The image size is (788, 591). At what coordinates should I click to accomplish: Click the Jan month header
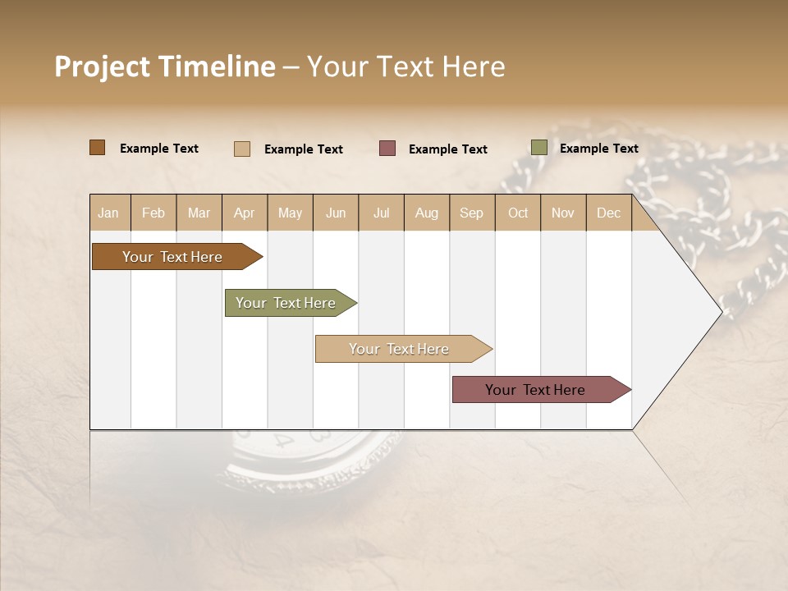108,213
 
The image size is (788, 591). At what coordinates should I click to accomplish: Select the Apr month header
244,213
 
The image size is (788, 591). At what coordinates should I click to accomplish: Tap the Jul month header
381,213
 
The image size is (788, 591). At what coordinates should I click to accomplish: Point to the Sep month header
471,213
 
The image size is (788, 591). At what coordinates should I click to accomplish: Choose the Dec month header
608,213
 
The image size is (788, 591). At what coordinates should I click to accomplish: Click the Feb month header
153,213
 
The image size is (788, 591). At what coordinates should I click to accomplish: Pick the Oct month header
517,213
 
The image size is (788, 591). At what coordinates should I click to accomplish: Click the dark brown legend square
97,148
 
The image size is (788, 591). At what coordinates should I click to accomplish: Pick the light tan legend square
241,149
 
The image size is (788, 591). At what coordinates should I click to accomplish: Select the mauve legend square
387,149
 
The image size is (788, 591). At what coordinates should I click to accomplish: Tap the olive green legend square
538,148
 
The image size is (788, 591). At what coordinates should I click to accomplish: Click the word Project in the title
102,67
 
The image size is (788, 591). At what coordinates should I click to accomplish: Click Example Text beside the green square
598,149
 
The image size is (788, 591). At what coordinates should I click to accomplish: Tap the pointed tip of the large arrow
720,312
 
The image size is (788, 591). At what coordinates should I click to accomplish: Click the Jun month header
336,213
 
